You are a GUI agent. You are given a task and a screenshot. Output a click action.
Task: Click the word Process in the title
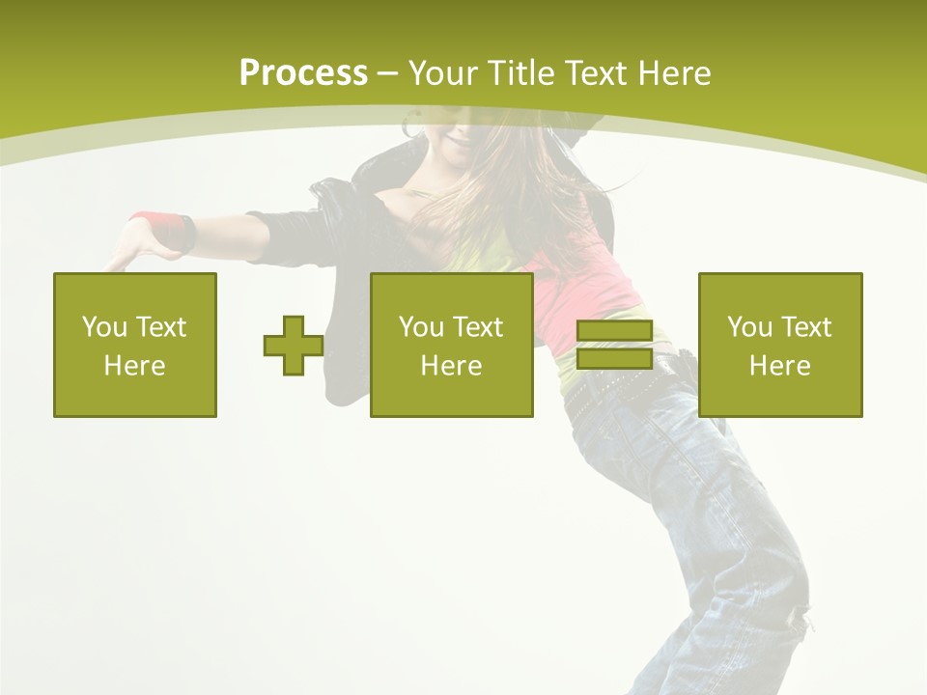coord(303,72)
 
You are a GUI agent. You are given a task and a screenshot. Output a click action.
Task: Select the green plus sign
coord(294,346)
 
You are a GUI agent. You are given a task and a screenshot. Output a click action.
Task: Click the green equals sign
coord(614,346)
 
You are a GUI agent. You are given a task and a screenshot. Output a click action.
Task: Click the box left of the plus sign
coord(135,345)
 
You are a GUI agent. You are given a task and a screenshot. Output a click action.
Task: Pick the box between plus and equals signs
coord(452,345)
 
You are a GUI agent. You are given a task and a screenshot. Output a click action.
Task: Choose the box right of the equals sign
coord(780,345)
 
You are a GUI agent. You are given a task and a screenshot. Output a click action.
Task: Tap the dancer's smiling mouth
coord(461,142)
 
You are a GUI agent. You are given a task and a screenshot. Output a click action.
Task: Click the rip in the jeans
coord(797,618)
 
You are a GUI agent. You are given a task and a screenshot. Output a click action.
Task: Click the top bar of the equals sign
coord(614,332)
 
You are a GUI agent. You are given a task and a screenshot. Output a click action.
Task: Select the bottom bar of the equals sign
coord(614,359)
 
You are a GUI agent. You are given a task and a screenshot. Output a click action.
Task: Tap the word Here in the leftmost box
coord(135,365)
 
